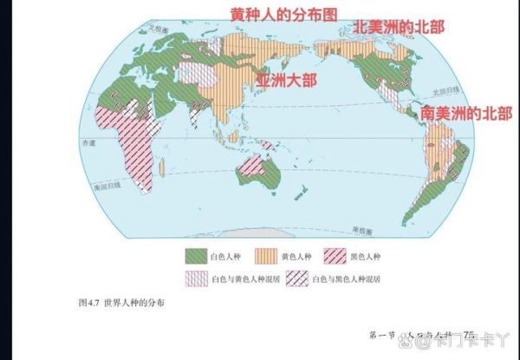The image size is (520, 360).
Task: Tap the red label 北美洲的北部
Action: (x=398, y=27)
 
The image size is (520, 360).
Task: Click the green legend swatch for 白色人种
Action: (x=194, y=257)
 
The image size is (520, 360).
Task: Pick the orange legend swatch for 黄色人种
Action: (x=267, y=257)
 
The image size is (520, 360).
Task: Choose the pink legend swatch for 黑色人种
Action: (x=337, y=257)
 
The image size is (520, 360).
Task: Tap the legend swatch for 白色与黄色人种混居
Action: (x=194, y=279)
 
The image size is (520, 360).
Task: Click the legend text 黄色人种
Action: (x=296, y=257)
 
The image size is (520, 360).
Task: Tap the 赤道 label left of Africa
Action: (x=87, y=141)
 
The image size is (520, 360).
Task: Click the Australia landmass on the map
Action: (x=260, y=169)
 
